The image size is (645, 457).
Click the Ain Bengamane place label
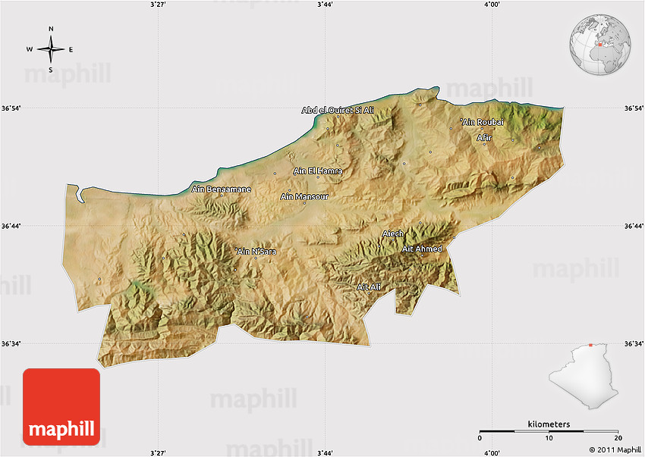pos(221,189)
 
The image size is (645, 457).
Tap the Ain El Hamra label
pos(318,171)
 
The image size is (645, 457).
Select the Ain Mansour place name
pos(304,197)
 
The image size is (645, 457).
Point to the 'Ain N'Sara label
pos(256,251)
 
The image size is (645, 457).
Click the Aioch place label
pos(393,233)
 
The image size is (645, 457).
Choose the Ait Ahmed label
pos(422,249)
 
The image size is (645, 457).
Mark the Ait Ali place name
pos(369,286)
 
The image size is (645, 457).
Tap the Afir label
pos(484,138)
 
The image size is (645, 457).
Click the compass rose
pos(51,50)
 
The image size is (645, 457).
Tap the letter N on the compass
pos(51,30)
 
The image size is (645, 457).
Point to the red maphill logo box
pos(61,408)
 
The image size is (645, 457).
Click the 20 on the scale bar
pos(618,439)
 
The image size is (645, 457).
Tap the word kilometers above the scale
pos(549,424)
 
